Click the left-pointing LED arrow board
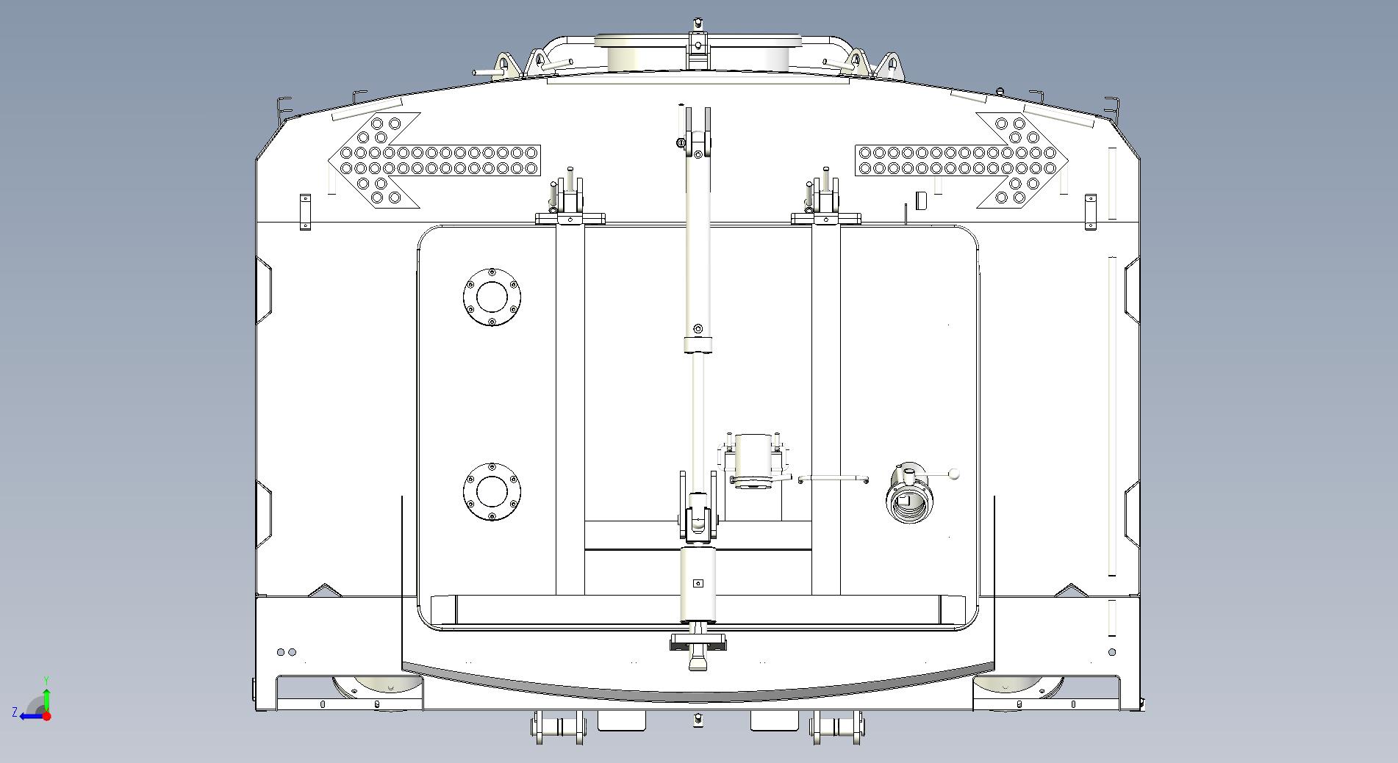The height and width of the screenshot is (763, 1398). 434,161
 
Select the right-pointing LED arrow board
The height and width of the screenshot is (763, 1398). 962,161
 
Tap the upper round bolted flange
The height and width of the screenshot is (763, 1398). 492,297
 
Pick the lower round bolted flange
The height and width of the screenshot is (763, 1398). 492,491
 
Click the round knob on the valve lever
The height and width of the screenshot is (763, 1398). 954,474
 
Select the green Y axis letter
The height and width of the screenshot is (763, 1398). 46,681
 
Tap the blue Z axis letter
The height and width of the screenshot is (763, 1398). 15,712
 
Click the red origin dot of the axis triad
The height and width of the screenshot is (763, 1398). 46,716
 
